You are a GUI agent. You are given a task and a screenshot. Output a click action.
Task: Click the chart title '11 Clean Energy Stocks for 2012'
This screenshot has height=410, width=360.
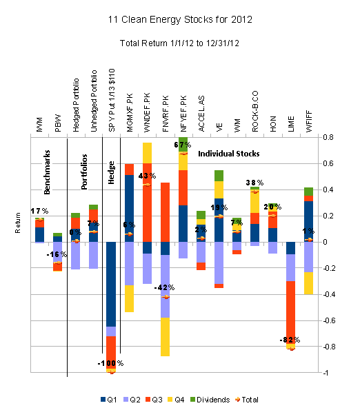coord(180,21)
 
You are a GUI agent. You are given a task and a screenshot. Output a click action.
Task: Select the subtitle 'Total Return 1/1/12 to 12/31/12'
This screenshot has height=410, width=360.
coord(180,44)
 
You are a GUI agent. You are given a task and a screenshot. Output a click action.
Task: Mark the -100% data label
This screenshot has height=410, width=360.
coord(110,363)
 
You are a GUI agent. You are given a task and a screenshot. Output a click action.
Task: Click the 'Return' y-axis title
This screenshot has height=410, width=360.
coord(19,243)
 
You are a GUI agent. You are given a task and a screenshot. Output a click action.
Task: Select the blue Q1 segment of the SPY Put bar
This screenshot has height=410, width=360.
coord(111,284)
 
